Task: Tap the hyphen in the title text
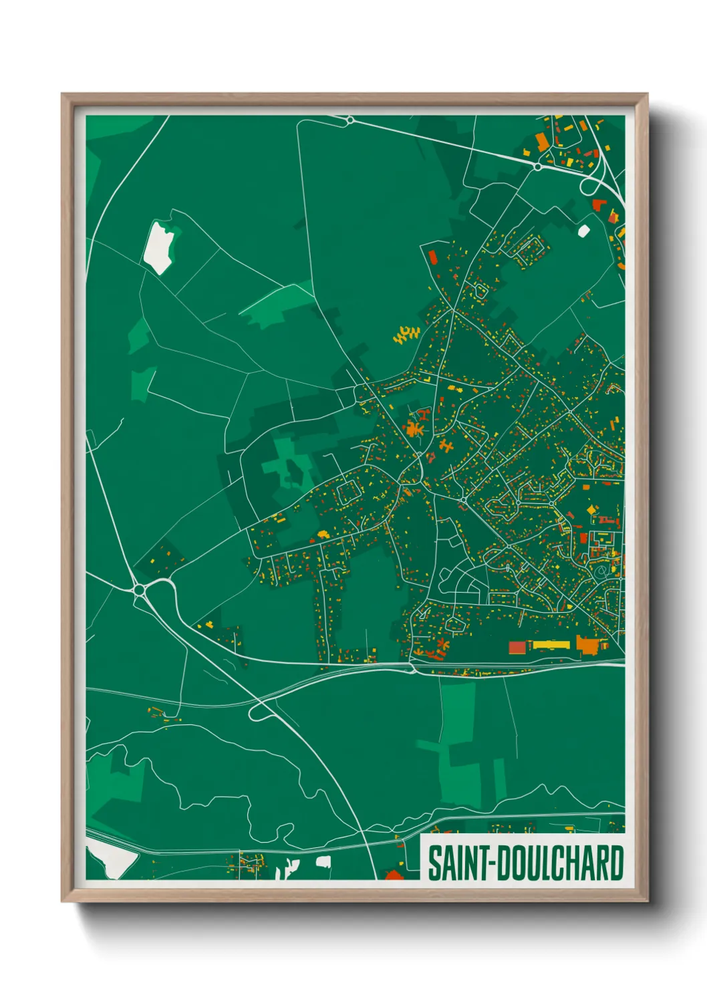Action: [x=492, y=864]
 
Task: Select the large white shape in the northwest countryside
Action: [x=159, y=246]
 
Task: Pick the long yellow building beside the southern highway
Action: [x=551, y=646]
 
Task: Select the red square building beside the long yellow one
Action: [x=517, y=647]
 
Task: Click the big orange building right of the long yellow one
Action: [x=588, y=645]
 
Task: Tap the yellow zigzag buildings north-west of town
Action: [x=406, y=334]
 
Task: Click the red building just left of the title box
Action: [x=394, y=874]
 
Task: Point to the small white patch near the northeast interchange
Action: [x=583, y=231]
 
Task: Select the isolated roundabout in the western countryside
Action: [x=140, y=589]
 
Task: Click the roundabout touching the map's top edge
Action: [x=349, y=120]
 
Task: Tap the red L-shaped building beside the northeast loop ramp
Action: [x=597, y=204]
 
